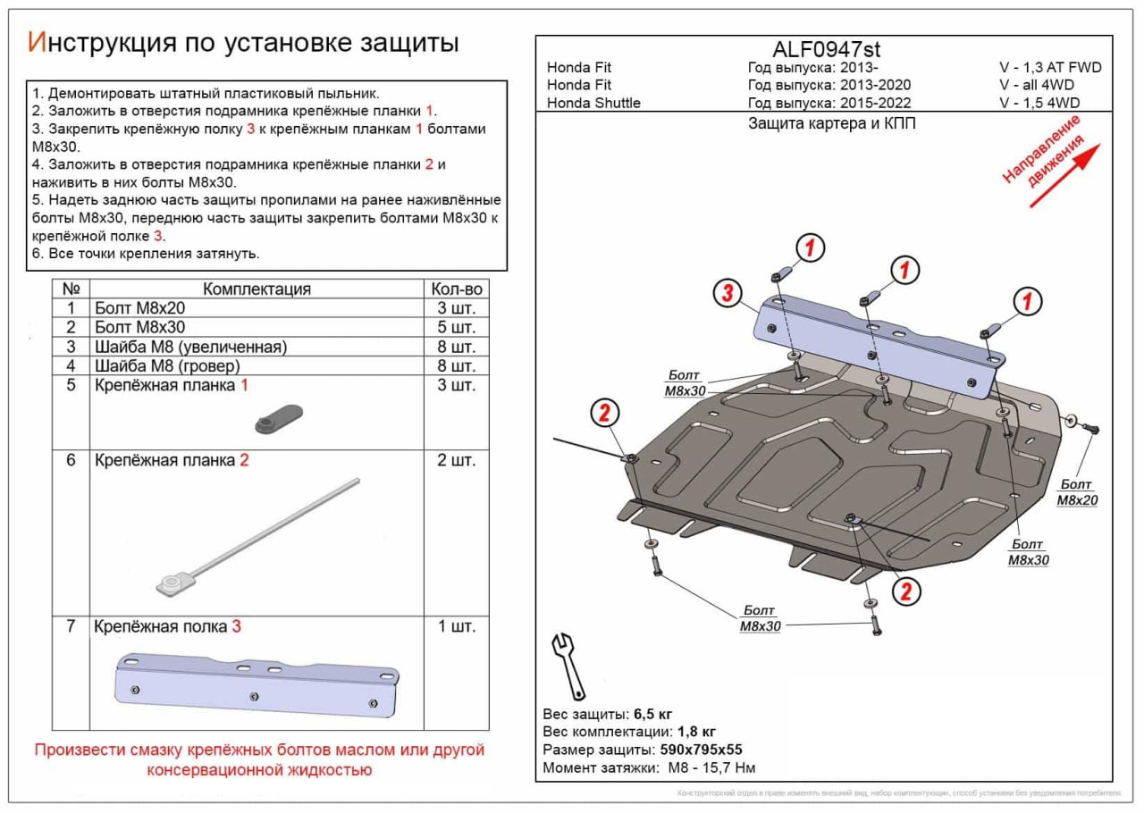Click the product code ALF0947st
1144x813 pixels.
click(x=825, y=50)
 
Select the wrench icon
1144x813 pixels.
click(x=568, y=666)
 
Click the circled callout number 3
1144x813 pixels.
click(x=728, y=293)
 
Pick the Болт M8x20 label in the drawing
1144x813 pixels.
click(x=1077, y=492)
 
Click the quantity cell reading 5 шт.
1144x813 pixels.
click(x=453, y=327)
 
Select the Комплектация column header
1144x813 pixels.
click(x=257, y=289)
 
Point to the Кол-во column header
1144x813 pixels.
click(x=456, y=289)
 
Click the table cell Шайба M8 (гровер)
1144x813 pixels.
click(x=166, y=366)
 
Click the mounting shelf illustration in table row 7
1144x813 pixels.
click(x=257, y=684)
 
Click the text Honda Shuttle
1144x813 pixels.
click(x=593, y=103)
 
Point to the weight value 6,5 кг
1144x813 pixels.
click(x=652, y=713)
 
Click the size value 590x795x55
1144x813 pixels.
click(x=700, y=750)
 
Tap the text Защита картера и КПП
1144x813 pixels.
click(x=831, y=124)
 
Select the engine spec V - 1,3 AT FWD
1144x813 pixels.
click(x=1050, y=68)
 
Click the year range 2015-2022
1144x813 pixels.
click(x=877, y=103)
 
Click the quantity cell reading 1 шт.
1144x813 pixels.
click(x=456, y=626)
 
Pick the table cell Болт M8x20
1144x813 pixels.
click(x=139, y=307)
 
